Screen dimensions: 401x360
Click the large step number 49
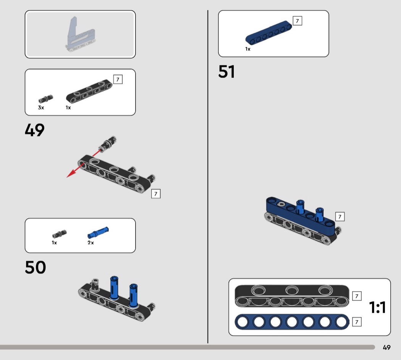click(x=34, y=130)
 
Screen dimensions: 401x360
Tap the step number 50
click(x=35, y=267)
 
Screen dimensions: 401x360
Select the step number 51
click(x=226, y=71)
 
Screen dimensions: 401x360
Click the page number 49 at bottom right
click(x=386, y=347)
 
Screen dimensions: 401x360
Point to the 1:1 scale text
click(x=377, y=307)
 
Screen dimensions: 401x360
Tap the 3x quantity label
click(x=41, y=108)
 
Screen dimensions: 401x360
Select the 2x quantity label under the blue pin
click(x=91, y=243)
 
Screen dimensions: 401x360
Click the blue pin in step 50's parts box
click(x=98, y=232)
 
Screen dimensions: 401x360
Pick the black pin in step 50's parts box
click(x=59, y=234)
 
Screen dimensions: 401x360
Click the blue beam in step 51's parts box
click(x=268, y=32)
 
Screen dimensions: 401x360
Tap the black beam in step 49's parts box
click(x=89, y=91)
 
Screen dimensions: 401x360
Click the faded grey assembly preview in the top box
click(x=81, y=34)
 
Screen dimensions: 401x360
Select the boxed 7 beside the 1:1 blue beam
click(x=357, y=322)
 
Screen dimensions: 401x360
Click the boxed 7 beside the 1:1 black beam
click(x=357, y=296)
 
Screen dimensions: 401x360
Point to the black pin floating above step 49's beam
click(x=108, y=144)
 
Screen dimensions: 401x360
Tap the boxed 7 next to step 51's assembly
click(x=340, y=217)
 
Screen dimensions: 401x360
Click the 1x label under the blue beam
click(x=248, y=49)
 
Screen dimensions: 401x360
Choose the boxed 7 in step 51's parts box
click(x=297, y=21)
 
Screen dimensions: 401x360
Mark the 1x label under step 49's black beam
click(x=68, y=108)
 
